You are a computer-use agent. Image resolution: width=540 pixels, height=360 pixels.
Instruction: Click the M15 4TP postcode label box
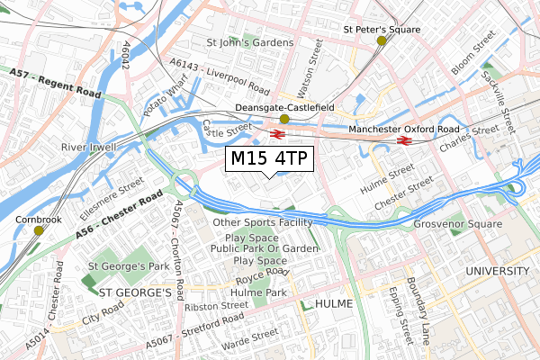pyautogui.click(x=269, y=159)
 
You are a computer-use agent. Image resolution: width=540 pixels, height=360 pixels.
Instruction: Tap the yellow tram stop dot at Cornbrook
pyautogui.click(x=38, y=230)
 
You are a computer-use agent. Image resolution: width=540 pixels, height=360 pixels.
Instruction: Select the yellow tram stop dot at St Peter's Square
pyautogui.click(x=382, y=40)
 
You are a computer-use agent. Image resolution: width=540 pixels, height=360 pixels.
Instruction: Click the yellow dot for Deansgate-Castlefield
pyautogui.click(x=284, y=119)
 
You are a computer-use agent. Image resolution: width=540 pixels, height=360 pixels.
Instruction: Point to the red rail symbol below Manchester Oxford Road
pyautogui.click(x=404, y=139)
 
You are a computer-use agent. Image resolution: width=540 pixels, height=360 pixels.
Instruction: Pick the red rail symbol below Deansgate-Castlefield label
pyautogui.click(x=277, y=134)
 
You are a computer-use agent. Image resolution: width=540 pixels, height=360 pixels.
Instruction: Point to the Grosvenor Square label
pyautogui.click(x=457, y=223)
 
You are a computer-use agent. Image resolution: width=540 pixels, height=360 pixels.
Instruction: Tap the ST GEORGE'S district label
pyautogui.click(x=134, y=292)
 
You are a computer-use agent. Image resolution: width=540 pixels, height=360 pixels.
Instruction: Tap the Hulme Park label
pyautogui.click(x=258, y=292)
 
